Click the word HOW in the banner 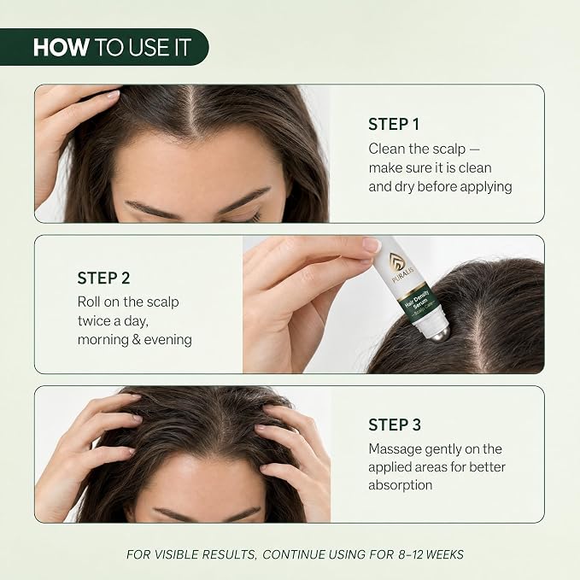61,47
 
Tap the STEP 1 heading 394,125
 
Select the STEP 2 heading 103,278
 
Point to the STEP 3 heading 395,425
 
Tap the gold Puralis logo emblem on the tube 396,261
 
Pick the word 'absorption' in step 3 401,485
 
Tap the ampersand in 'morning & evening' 136,340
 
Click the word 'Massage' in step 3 395,449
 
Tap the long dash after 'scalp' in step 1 475,149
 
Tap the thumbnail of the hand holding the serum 394,304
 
